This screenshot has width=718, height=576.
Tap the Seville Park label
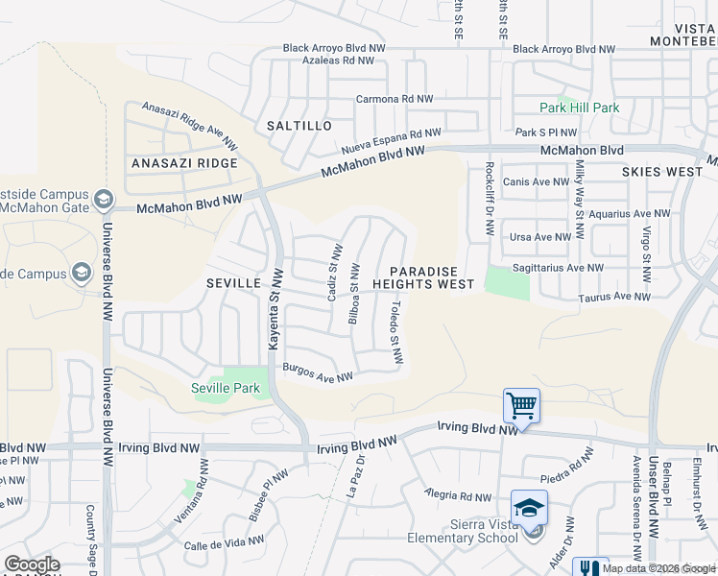(225, 388)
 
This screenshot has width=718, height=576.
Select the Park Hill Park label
(579, 108)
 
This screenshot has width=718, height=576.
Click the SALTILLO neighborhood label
(299, 126)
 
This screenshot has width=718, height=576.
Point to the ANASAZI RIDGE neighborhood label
(183, 163)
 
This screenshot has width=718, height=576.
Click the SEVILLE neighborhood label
(233, 283)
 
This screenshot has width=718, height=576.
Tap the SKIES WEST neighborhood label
(662, 171)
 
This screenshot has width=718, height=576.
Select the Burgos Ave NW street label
(318, 372)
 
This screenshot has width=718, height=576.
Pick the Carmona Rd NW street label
(395, 99)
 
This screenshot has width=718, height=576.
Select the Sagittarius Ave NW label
(557, 268)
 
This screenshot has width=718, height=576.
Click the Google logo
(32, 564)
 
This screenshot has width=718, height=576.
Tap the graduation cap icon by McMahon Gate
(103, 200)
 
